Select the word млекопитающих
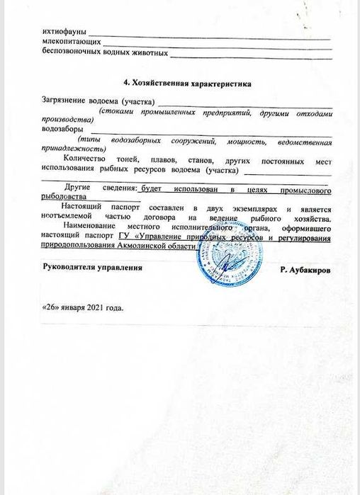tap(69, 42)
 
